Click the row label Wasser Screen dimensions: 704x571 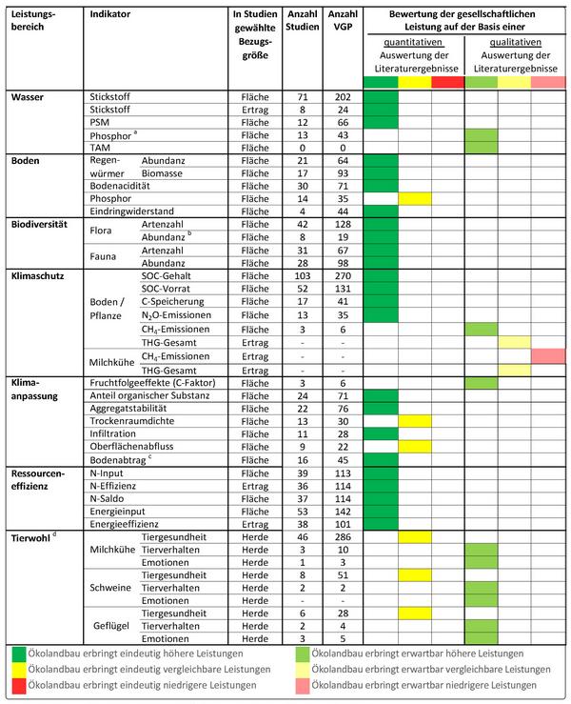pyautogui.click(x=28, y=97)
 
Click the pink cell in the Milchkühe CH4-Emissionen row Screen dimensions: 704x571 pyautogui.click(x=548, y=355)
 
